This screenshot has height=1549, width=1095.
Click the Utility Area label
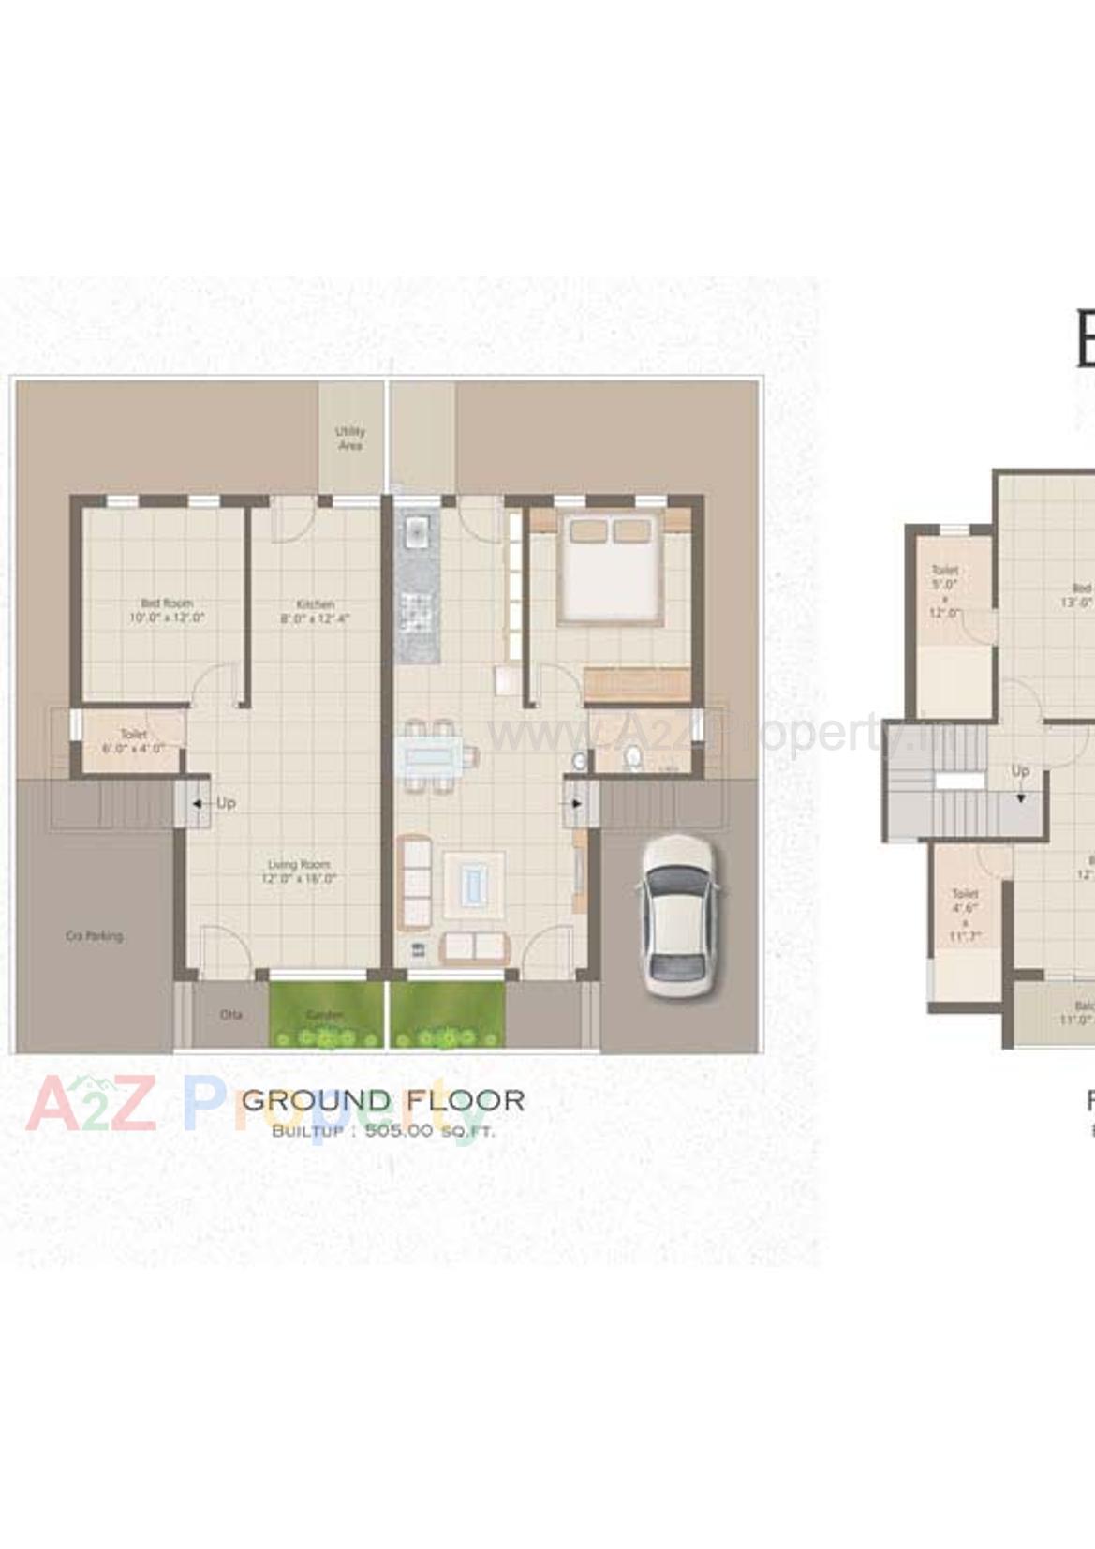click(350, 438)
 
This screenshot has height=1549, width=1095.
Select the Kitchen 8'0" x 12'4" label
click(315, 611)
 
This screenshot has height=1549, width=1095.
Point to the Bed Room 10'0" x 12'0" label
click(167, 610)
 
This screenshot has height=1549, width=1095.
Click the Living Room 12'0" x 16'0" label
click(299, 871)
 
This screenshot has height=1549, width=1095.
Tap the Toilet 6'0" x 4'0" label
click(133, 741)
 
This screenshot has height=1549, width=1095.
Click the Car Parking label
click(94, 935)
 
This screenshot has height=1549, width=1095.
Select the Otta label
click(230, 1015)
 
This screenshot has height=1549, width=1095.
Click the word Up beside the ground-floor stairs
click(226, 803)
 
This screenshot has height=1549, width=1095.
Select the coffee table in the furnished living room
click(474, 882)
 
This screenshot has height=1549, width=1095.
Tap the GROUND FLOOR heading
click(383, 1100)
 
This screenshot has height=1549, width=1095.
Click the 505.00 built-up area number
click(399, 1130)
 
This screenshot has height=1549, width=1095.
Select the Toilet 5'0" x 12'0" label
click(945, 590)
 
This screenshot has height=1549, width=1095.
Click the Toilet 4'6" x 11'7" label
click(964, 915)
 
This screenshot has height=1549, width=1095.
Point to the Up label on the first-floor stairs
click(1020, 770)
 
